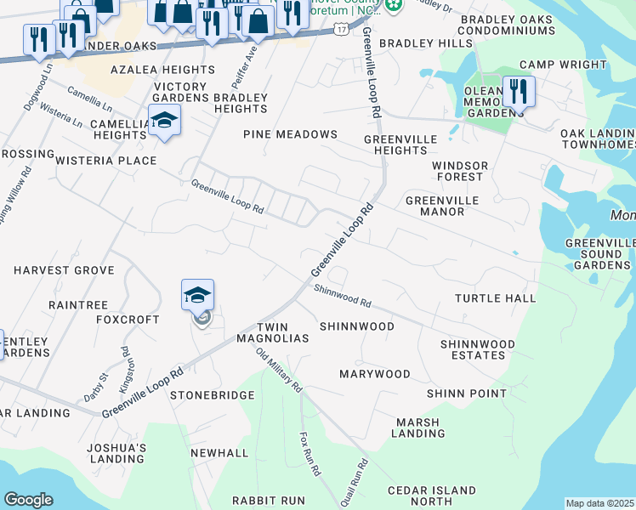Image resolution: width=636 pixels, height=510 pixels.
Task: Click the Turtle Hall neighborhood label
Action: [x=495, y=298]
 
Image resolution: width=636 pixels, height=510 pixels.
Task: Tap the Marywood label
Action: [x=374, y=374]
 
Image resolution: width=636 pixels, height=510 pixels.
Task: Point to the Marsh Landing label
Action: [x=417, y=428]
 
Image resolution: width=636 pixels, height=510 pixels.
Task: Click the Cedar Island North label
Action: [x=432, y=496]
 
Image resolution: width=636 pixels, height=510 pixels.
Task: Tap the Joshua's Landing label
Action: [x=117, y=453]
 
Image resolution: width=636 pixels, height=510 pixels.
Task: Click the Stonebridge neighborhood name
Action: [x=212, y=395]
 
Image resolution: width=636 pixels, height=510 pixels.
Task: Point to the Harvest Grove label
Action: [x=64, y=270]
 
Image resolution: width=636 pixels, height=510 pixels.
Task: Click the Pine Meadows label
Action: [x=290, y=134]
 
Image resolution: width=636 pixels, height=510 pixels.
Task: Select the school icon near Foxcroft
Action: [x=197, y=295]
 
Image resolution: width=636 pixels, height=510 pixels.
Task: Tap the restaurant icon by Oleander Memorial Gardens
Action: [x=518, y=90]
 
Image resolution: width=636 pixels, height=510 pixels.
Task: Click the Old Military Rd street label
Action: [x=279, y=369]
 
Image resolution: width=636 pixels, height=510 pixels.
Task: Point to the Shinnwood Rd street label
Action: [x=343, y=297]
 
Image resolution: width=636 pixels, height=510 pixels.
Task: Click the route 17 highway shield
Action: [x=340, y=29]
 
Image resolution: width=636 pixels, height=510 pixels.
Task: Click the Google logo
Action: [x=29, y=500]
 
